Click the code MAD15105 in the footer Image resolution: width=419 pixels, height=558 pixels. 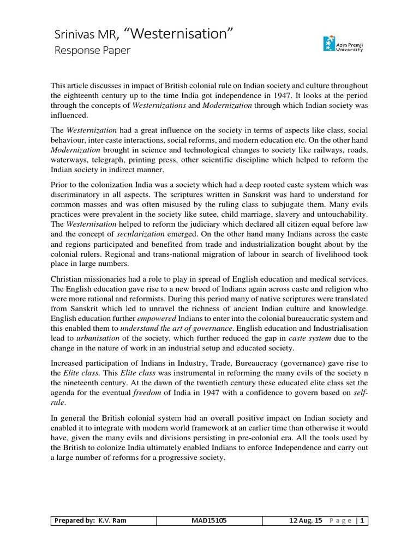(210, 521)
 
